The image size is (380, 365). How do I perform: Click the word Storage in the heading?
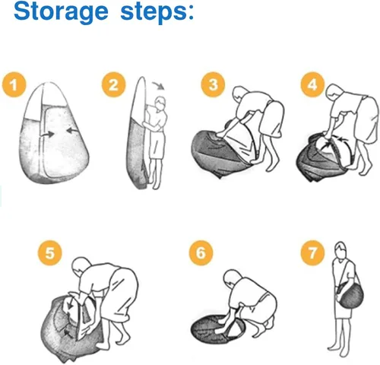[61, 11]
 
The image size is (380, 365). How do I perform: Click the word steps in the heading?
[153, 13]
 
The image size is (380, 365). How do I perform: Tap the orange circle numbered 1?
[14, 84]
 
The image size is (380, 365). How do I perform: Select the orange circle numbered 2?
[113, 84]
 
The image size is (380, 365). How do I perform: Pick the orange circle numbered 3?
[213, 84]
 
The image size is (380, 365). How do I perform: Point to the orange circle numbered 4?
[312, 84]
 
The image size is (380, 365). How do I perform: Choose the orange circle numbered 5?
[50, 252]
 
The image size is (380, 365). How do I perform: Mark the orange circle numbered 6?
[201, 252]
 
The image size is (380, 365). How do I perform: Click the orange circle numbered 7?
[312, 252]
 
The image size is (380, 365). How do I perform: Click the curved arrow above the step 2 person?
[160, 84]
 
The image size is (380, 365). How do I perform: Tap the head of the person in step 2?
[160, 103]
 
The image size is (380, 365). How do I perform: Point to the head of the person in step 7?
[340, 249]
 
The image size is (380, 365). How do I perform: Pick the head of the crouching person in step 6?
[232, 278]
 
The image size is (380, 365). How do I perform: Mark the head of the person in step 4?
[334, 93]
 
